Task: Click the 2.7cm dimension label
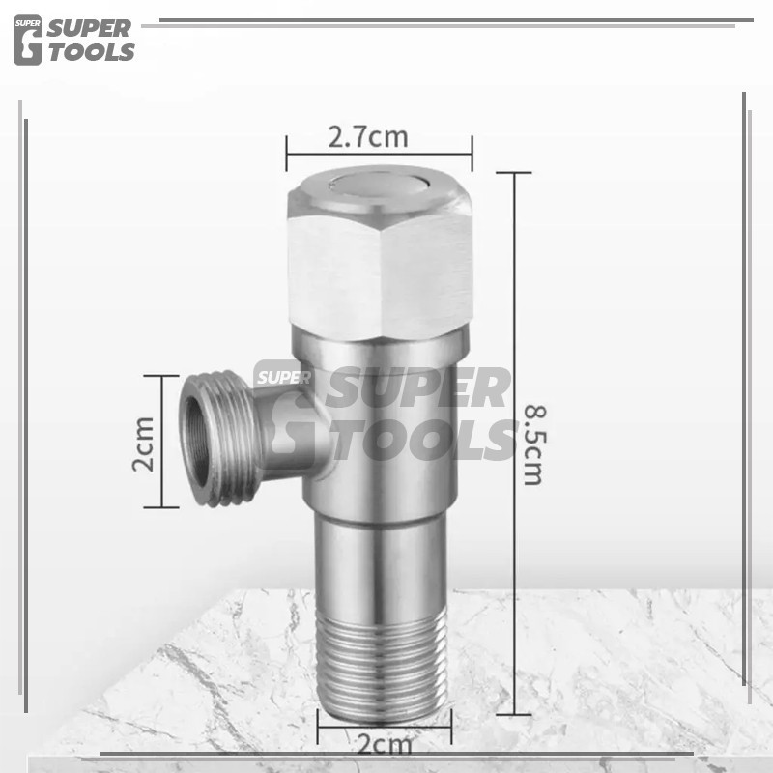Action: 368,137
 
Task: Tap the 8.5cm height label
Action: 534,445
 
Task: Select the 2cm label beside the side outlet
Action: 143,444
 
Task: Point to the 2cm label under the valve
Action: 384,745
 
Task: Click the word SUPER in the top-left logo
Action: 89,29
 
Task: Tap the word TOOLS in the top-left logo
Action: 92,52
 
